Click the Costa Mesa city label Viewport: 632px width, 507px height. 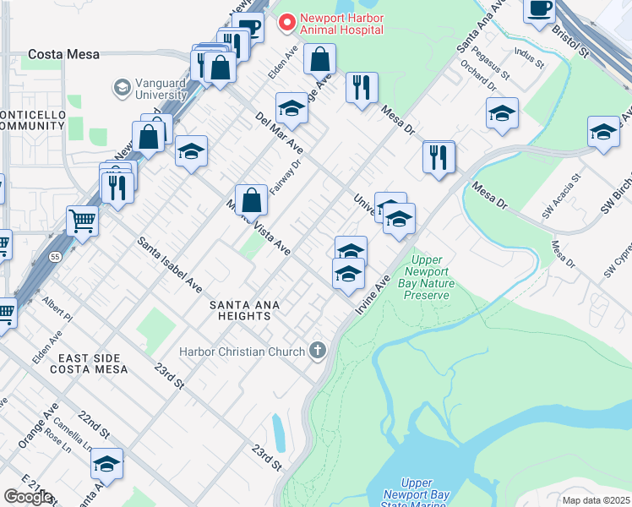click(x=63, y=54)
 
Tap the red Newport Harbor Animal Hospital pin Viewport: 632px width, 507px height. click(x=288, y=23)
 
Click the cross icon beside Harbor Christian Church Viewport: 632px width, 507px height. click(x=318, y=351)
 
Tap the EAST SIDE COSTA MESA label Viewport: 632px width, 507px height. click(x=88, y=364)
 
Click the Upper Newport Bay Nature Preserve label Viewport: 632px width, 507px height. click(x=430, y=277)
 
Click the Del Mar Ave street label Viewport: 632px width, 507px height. click(x=279, y=134)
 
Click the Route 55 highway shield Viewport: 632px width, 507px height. click(x=54, y=257)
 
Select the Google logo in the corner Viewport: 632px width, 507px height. click(x=28, y=497)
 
